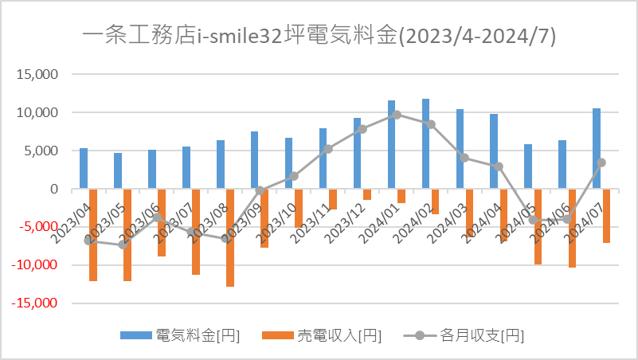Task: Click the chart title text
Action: coord(319,36)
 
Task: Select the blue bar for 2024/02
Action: coord(425,143)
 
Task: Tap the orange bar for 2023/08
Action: coord(230,238)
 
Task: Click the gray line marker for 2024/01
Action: coord(397,115)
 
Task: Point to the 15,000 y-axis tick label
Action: coord(37,74)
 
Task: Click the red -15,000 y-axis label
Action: coord(34,303)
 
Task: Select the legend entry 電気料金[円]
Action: coord(180,335)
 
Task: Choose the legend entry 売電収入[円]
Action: coord(322,335)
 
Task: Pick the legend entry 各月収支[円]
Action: coord(464,335)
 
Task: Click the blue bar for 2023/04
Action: coord(84,168)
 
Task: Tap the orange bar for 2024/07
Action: coord(607,216)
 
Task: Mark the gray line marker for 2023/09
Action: coord(260,190)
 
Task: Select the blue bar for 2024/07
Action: coord(597,148)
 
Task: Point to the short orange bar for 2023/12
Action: coord(367,194)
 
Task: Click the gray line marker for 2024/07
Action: coord(601,162)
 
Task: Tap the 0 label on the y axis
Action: coord(54,189)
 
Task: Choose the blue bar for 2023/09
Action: coord(254,160)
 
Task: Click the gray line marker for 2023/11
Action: coord(328,149)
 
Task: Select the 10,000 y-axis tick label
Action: coord(37,112)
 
